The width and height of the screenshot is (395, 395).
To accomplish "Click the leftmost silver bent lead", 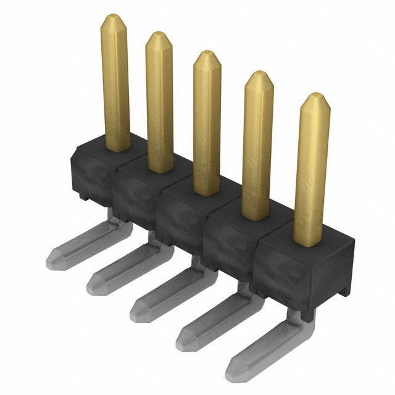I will tap(86, 244).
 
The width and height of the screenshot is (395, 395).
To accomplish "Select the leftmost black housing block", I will tap(93, 170).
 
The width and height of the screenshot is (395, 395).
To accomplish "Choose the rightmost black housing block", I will tap(290, 272).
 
